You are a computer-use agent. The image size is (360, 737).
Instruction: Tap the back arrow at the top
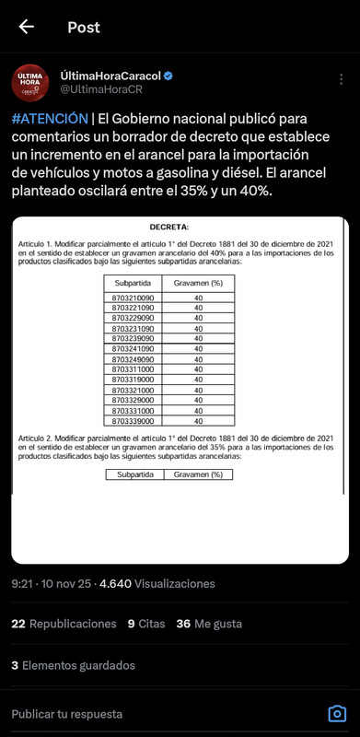pyautogui.click(x=27, y=27)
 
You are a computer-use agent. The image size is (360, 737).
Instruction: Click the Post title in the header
pyautogui.click(x=84, y=27)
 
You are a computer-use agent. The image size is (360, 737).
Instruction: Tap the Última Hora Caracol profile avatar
pyautogui.click(x=30, y=83)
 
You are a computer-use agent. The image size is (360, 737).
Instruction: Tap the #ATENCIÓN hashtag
pyautogui.click(x=51, y=119)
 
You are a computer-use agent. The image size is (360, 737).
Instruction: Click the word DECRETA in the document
pyautogui.click(x=168, y=226)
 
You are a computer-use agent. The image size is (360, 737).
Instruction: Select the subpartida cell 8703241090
pyautogui.click(x=134, y=349)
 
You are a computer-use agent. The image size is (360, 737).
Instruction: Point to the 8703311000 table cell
pyautogui.click(x=134, y=368)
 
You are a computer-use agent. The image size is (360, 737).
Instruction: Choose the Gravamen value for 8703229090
pyautogui.click(x=198, y=318)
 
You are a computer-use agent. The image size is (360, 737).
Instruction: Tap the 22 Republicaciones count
pyautogui.click(x=64, y=624)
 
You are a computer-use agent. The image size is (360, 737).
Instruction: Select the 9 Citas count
pyautogui.click(x=145, y=624)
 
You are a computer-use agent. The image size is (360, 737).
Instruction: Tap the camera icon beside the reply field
pyautogui.click(x=337, y=714)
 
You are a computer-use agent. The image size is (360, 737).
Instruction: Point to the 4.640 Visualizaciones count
pyautogui.click(x=157, y=583)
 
